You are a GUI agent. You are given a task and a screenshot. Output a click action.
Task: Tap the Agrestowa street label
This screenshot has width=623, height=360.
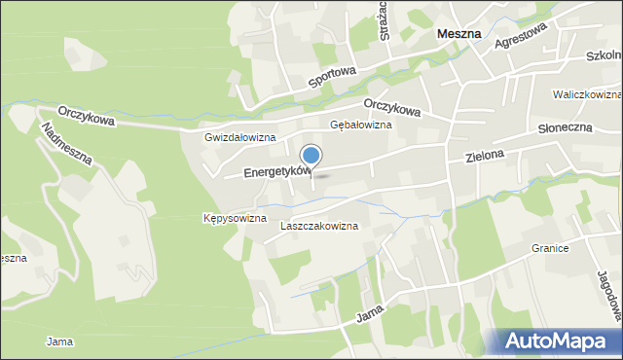tap(523, 44)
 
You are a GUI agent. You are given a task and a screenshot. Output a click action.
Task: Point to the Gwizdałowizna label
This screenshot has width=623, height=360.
tap(240, 137)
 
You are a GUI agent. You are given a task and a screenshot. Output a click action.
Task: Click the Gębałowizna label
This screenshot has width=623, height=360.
tap(361, 126)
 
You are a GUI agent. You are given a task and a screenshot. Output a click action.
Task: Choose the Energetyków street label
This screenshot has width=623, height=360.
tap(276, 172)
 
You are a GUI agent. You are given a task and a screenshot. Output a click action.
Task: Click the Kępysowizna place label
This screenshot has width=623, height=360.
tap(235, 218)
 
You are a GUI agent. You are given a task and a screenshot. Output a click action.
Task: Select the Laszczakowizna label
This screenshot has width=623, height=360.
tap(318, 226)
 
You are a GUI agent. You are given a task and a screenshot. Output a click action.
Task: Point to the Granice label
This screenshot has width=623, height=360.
tap(549, 248)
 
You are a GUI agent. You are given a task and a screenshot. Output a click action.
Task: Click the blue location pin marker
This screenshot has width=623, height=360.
tap(311, 156)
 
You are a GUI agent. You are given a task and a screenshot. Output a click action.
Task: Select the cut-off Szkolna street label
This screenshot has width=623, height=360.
tap(604, 56)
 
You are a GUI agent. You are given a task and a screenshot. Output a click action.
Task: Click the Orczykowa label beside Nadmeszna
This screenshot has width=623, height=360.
tap(86, 116)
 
